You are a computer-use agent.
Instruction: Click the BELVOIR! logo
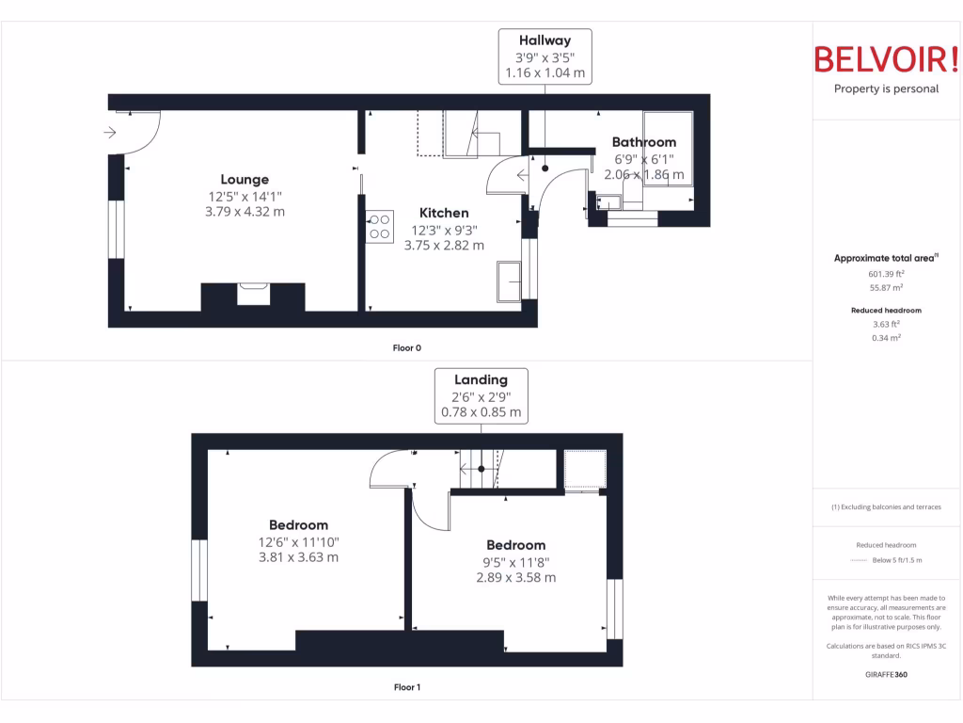pyautogui.click(x=886, y=59)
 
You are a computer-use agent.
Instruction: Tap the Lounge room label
pyautogui.click(x=245, y=179)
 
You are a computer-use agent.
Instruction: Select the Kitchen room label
pyautogui.click(x=444, y=213)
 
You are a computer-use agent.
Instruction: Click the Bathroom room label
pyautogui.click(x=644, y=142)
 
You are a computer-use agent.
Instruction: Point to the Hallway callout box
pyautogui.click(x=545, y=56)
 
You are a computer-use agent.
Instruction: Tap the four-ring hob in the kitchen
pyautogui.click(x=380, y=227)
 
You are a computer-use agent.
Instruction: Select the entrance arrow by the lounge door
pyautogui.click(x=110, y=133)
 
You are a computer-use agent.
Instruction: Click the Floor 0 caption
pyautogui.click(x=406, y=348)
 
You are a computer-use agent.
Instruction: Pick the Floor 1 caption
pyautogui.click(x=406, y=687)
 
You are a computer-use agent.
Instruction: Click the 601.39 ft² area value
pyautogui.click(x=886, y=274)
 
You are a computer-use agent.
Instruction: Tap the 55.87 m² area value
pyautogui.click(x=886, y=288)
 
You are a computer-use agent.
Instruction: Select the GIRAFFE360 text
pyautogui.click(x=886, y=674)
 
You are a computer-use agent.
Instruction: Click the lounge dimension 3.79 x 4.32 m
pyautogui.click(x=245, y=212)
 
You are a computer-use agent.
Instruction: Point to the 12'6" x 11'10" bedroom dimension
pyautogui.click(x=299, y=541)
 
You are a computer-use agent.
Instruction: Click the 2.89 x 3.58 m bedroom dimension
pyautogui.click(x=515, y=577)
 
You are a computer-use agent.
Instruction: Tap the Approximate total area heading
pyautogui.click(x=884, y=258)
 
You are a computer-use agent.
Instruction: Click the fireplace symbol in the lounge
pyautogui.click(x=253, y=294)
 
